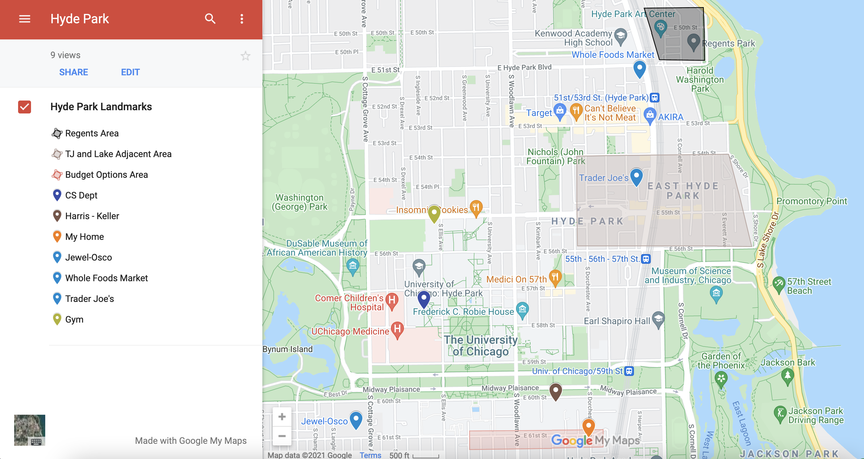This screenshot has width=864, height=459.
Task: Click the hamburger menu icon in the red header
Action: click(x=25, y=19)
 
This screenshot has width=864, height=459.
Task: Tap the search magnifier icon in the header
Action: click(x=210, y=19)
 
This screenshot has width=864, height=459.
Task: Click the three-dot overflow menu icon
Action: click(x=241, y=19)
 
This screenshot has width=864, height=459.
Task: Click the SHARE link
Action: click(x=73, y=72)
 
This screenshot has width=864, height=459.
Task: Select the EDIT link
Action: click(x=130, y=72)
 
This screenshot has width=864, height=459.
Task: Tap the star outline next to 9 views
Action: click(x=246, y=56)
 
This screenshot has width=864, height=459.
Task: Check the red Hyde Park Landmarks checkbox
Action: click(x=25, y=107)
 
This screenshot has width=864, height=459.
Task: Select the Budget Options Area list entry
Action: click(x=106, y=175)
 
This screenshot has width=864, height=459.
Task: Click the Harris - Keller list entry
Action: click(x=92, y=216)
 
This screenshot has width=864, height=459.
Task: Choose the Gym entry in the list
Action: click(x=74, y=319)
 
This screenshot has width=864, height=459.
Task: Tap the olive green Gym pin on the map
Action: click(x=434, y=213)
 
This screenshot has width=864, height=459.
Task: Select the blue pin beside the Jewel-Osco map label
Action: click(x=355, y=419)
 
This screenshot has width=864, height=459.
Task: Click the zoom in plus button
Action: click(x=282, y=417)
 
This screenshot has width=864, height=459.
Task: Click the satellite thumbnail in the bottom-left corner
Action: click(x=29, y=430)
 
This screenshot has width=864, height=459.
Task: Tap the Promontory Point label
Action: click(x=811, y=201)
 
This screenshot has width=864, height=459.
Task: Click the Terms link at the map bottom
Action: click(x=370, y=455)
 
